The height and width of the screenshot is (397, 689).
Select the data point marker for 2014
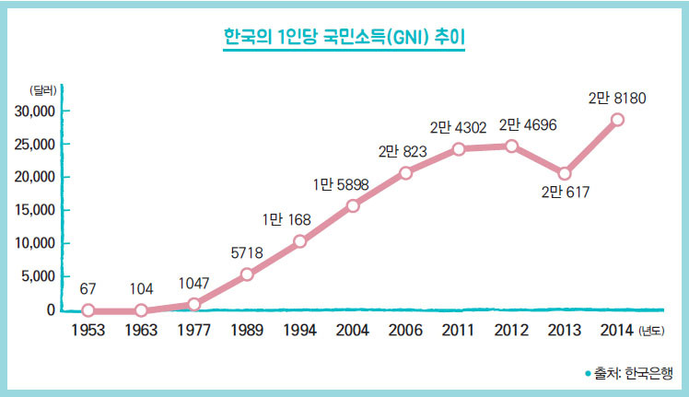point(617,120)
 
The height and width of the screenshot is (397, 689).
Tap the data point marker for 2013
point(565,173)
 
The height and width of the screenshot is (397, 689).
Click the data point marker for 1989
point(247,274)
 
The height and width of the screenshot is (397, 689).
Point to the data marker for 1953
point(88,310)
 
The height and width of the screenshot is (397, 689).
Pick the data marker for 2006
point(405,172)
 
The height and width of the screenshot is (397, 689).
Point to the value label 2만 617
point(565,193)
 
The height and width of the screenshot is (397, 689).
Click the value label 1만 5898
point(341,185)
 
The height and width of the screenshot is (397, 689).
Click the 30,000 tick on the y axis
point(37,111)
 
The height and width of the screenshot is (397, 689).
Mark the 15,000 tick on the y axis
point(37,210)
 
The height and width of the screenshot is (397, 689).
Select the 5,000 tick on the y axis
point(40,276)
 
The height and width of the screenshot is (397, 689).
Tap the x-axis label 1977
point(193,330)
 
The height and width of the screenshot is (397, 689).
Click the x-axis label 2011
point(459,330)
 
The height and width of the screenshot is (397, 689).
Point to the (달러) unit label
point(42,90)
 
